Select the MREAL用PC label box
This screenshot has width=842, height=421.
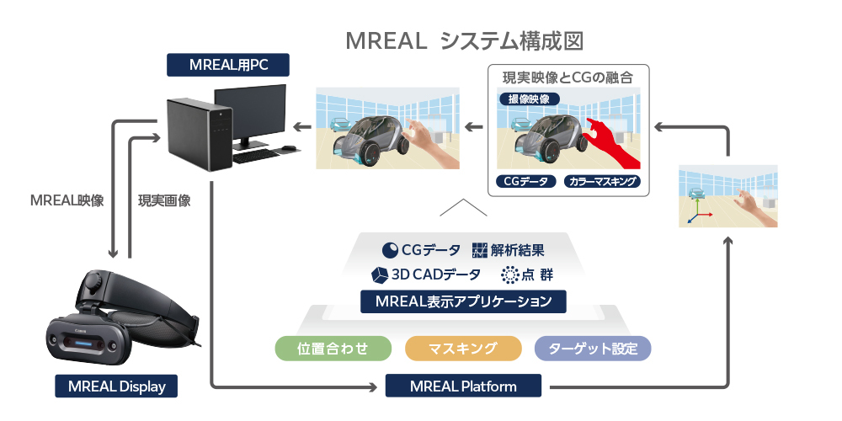pyautogui.click(x=227, y=65)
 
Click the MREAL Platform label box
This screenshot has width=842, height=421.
pyautogui.click(x=463, y=386)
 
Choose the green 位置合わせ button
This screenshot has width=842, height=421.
pyautogui.click(x=333, y=349)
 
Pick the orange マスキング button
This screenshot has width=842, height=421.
pyautogui.click(x=462, y=349)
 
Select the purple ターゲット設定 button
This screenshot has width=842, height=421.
pyautogui.click(x=593, y=349)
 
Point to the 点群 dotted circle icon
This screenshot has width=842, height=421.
pyautogui.click(x=509, y=274)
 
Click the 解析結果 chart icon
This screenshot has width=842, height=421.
pyautogui.click(x=479, y=250)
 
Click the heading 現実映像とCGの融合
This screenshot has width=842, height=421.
pyautogui.click(x=568, y=77)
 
